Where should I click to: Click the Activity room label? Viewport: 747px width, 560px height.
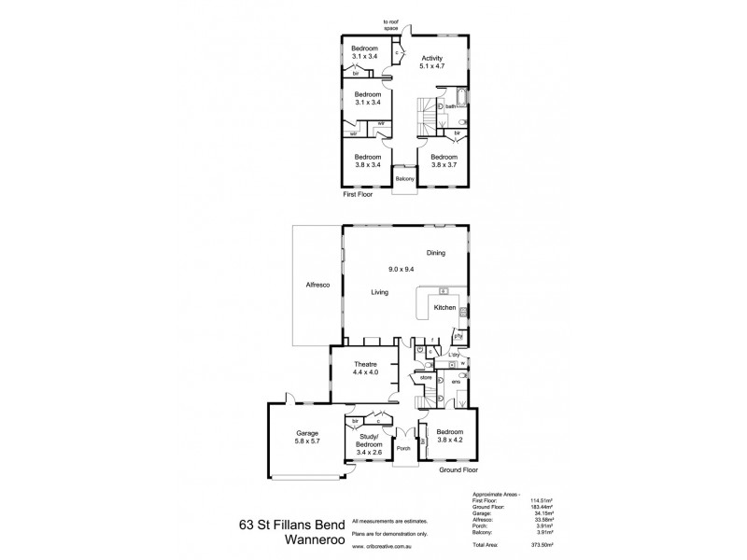[x=430, y=61]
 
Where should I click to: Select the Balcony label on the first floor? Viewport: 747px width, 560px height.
[x=404, y=178]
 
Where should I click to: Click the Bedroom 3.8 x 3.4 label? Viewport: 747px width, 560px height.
[x=366, y=161]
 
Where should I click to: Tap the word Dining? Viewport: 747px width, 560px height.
[x=436, y=253]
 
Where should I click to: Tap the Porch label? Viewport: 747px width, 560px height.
[x=404, y=448]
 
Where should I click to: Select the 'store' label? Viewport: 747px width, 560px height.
[x=412, y=378]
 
